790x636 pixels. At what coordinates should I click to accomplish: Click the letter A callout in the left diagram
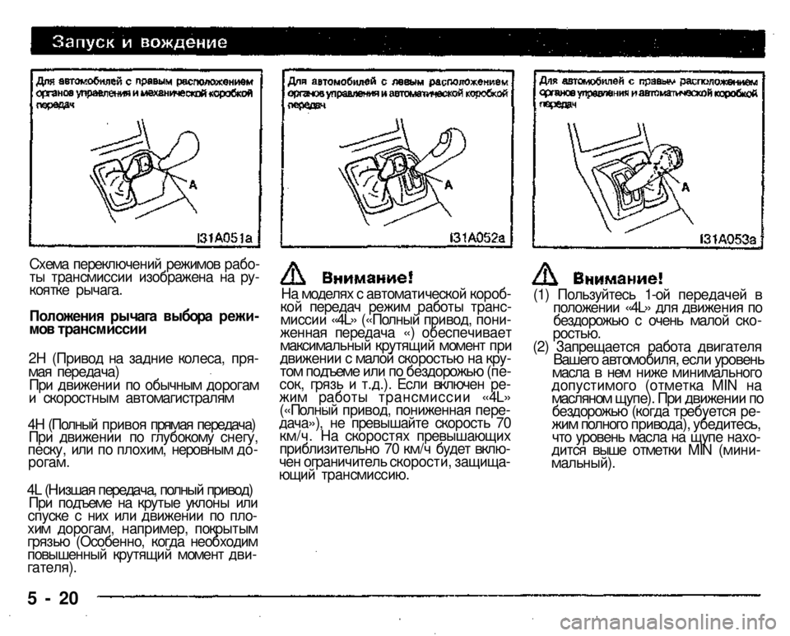coord(193,185)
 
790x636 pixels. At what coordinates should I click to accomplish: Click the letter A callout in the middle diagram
coord(448,186)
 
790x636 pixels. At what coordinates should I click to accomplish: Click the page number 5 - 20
coord(53,599)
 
